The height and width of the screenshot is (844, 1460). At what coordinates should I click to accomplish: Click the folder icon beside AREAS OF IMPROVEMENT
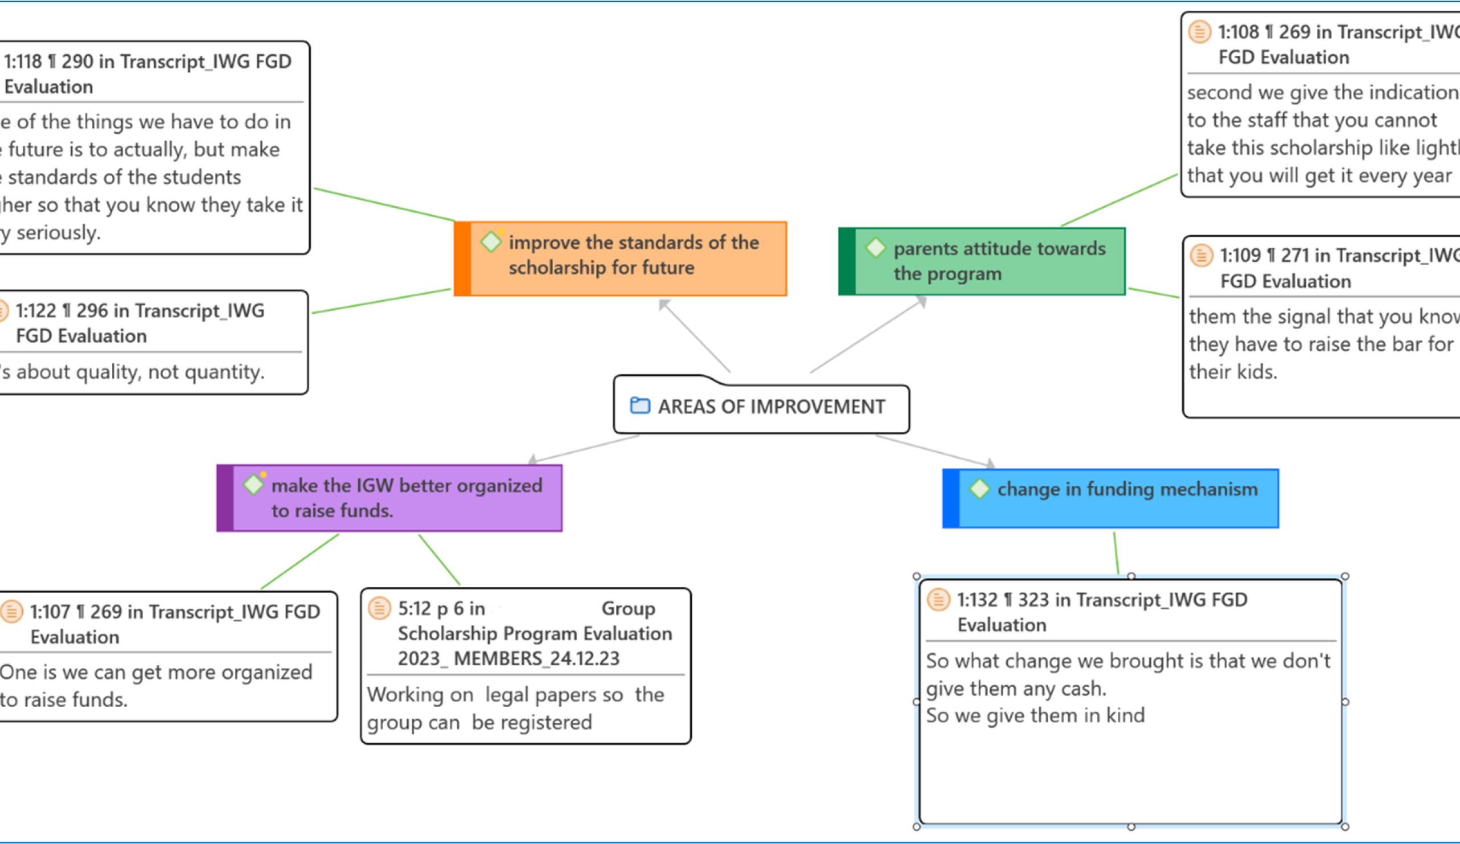tap(640, 405)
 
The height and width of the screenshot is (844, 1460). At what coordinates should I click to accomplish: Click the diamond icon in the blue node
tap(979, 489)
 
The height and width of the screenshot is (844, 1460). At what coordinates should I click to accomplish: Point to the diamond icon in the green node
tap(875, 248)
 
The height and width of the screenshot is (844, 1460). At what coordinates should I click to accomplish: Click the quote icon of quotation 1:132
tap(938, 599)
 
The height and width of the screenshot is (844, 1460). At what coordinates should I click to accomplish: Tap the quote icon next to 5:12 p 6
tap(379, 608)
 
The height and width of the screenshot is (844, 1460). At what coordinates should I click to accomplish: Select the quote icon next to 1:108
tap(1199, 32)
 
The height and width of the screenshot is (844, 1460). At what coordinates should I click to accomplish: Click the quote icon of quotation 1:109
tap(1202, 255)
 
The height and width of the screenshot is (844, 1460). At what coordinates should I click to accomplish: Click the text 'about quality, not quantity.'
tap(139, 372)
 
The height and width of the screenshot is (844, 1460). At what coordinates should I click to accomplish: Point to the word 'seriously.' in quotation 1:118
tap(58, 233)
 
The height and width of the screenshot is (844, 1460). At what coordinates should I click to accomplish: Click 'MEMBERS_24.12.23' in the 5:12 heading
tap(537, 659)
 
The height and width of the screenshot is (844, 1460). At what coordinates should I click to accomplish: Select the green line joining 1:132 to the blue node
tap(1116, 553)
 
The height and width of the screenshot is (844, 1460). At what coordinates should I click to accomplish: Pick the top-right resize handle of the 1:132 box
tap(1345, 577)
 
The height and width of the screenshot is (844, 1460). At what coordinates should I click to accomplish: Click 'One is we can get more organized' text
tap(156, 672)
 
